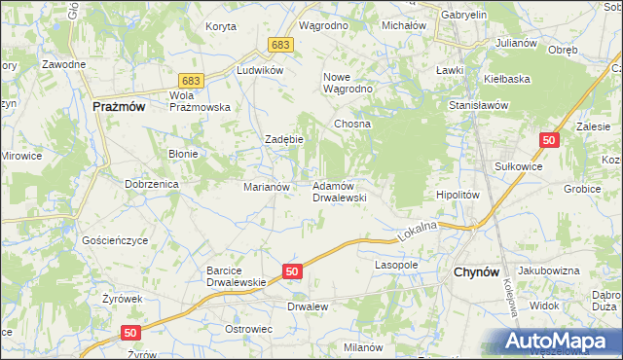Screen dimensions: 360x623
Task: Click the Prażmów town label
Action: point(118,108)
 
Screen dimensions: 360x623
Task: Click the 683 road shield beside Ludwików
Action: point(281,45)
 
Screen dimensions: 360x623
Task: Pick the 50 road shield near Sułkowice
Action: point(550,141)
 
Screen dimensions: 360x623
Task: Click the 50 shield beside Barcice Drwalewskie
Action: point(291,271)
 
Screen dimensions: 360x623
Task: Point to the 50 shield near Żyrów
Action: point(132,333)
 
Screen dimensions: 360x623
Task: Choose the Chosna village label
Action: point(352,125)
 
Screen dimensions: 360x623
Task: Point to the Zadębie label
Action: point(285,139)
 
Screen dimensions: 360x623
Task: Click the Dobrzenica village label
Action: point(149,183)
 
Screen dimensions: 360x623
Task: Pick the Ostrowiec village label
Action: point(248,329)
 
